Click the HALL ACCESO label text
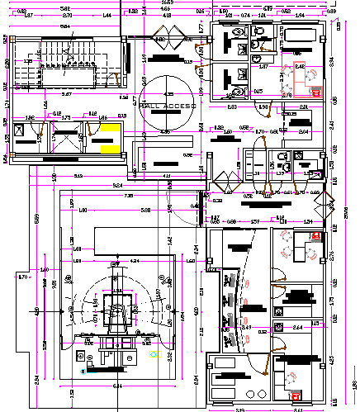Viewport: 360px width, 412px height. (x=168, y=107)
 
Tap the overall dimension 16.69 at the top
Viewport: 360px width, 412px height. (x=167, y=3)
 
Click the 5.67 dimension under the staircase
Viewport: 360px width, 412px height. (x=66, y=95)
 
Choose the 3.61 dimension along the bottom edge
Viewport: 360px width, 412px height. (x=297, y=408)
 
